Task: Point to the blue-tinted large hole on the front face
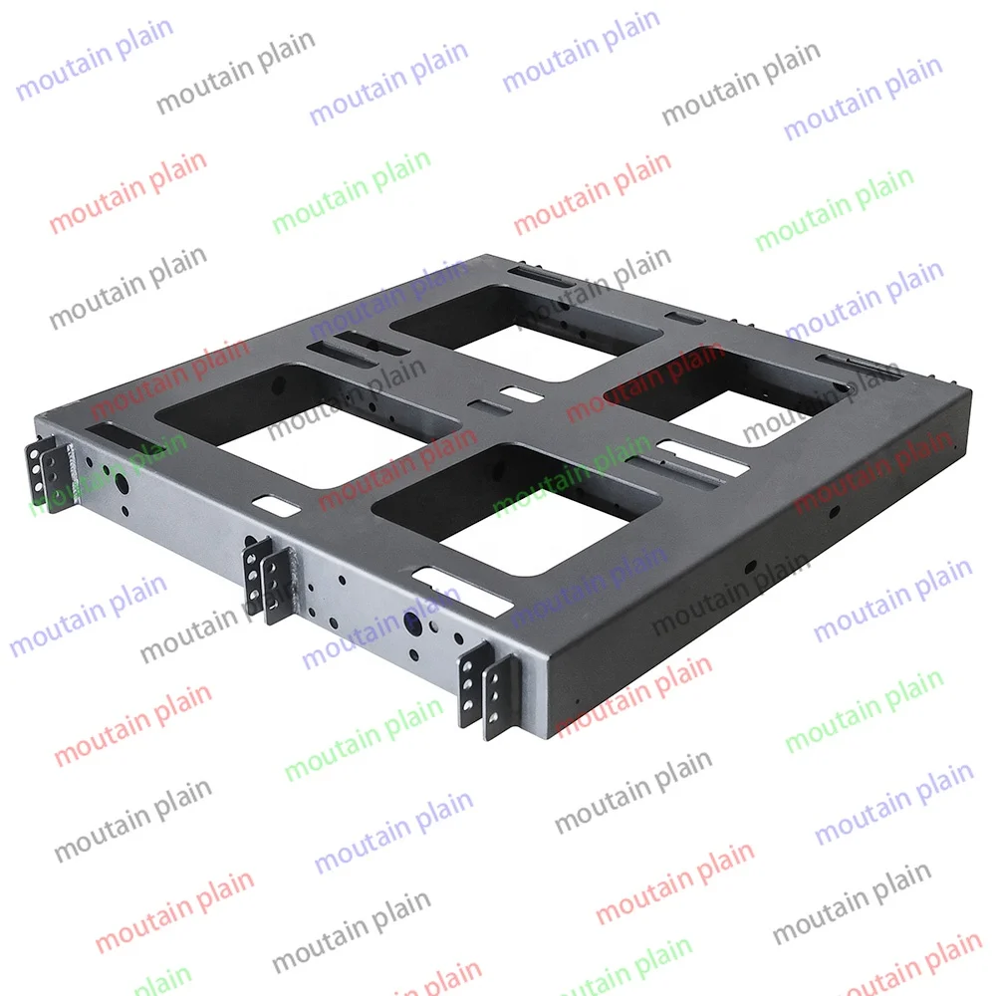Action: coord(411,622)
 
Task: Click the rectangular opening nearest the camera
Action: coord(508,508)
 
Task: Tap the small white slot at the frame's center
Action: coord(517,394)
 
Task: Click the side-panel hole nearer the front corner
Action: coord(749,566)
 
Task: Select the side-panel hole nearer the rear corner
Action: coord(835,510)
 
